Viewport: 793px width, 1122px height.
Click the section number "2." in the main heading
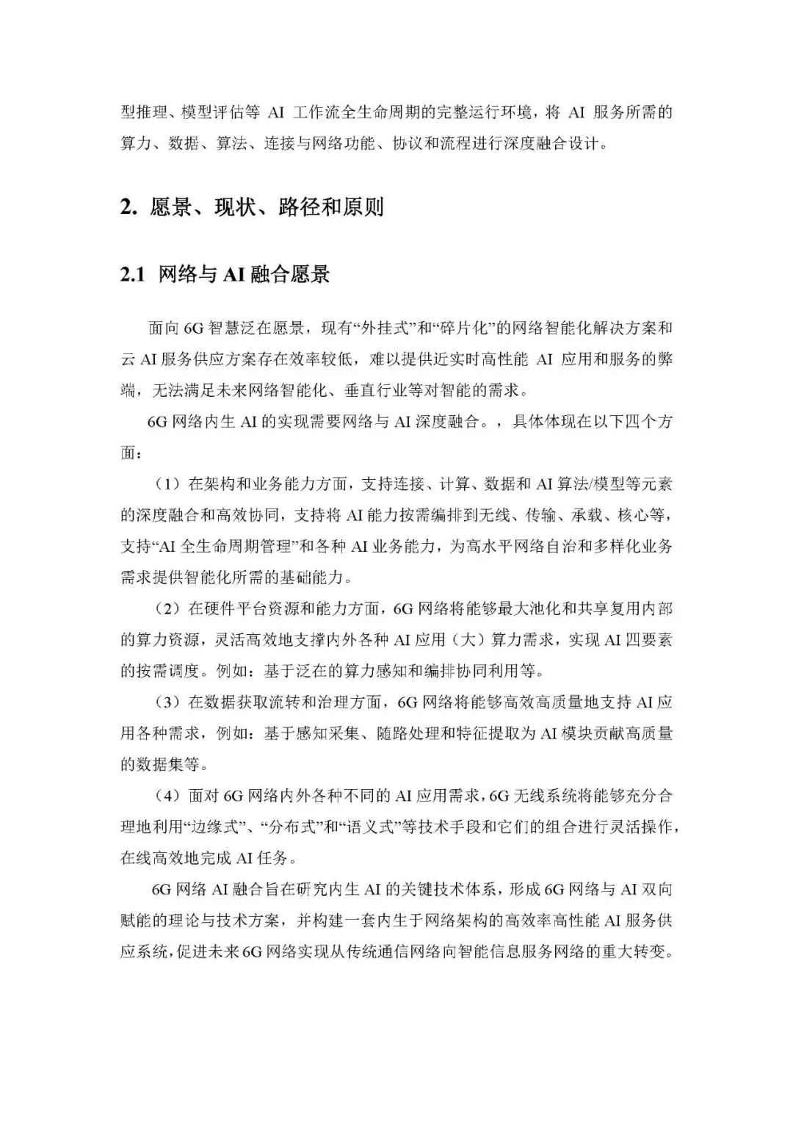coord(128,207)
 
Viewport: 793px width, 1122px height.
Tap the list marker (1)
coord(167,483)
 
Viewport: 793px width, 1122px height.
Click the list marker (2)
coord(167,608)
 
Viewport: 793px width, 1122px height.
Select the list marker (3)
coord(167,702)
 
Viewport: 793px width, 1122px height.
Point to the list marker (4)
coord(167,796)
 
